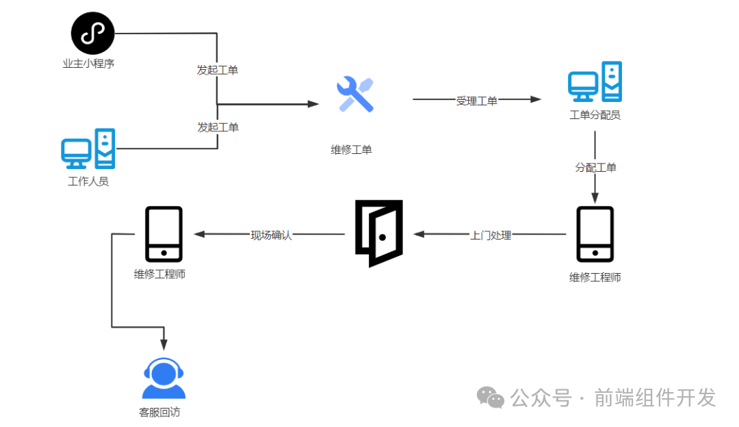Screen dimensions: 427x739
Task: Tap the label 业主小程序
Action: coord(88,64)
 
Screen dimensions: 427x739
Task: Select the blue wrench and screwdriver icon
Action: coord(355,94)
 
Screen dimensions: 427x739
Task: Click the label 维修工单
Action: coord(352,150)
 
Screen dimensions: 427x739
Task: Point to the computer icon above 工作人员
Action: coord(88,148)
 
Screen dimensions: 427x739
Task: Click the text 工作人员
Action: coord(88,181)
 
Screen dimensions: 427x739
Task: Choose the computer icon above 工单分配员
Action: coord(595,82)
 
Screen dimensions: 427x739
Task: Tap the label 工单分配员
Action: coord(595,115)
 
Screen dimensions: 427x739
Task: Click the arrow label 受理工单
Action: coord(477,101)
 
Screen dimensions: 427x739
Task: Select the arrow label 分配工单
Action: coord(595,167)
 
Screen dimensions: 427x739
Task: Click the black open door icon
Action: coord(379,233)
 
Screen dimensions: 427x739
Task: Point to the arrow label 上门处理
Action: coord(491,235)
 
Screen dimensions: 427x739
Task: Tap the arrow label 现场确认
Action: coord(271,235)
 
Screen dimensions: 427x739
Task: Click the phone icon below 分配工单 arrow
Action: coord(595,234)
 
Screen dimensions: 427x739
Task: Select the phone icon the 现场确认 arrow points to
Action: coord(164,234)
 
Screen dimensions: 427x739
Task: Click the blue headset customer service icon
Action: coord(164,378)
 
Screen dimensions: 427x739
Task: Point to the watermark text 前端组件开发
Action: coord(655,397)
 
